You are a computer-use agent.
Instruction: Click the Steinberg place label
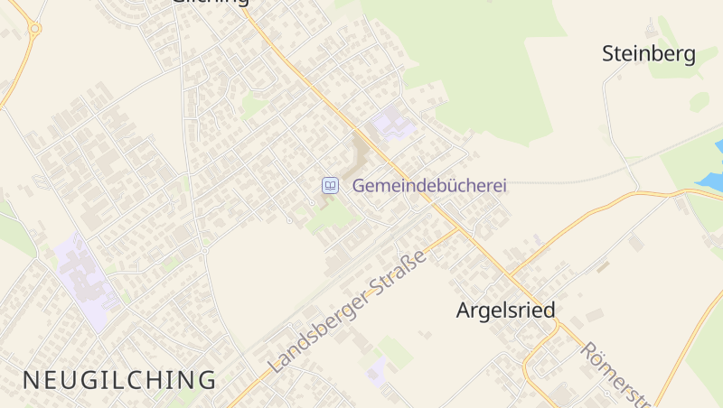click(649, 54)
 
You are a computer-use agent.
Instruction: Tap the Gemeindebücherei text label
click(429, 185)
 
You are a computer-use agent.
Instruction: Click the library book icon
click(331, 186)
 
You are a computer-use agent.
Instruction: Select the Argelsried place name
click(505, 311)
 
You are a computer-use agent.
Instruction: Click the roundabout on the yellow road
click(34, 29)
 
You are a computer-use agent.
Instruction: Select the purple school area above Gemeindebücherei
click(391, 123)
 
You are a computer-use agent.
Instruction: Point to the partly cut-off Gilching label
click(210, 3)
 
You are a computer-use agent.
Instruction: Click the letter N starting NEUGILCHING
click(30, 380)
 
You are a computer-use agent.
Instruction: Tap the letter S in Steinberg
click(610, 54)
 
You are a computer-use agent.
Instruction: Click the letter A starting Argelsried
click(464, 311)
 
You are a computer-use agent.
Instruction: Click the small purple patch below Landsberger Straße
click(376, 367)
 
